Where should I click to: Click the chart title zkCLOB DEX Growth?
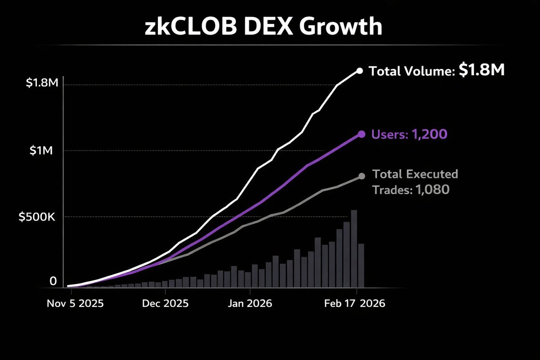click(263, 28)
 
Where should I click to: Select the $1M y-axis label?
click(41, 151)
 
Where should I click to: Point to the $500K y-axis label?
click(36, 216)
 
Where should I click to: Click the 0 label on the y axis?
click(53, 282)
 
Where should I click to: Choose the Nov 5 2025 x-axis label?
click(75, 304)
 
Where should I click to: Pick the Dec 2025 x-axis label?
click(166, 304)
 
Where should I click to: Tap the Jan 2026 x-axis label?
click(250, 304)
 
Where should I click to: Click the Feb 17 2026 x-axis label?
click(355, 304)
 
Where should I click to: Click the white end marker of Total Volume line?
click(359, 70)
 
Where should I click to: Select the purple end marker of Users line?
click(361, 134)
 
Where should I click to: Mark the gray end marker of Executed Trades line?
click(361, 176)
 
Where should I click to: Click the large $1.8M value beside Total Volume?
click(481, 70)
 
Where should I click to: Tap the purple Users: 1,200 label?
click(409, 134)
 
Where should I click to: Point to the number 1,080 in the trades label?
click(432, 190)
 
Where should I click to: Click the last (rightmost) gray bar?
click(360, 265)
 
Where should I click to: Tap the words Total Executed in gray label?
click(415, 174)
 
